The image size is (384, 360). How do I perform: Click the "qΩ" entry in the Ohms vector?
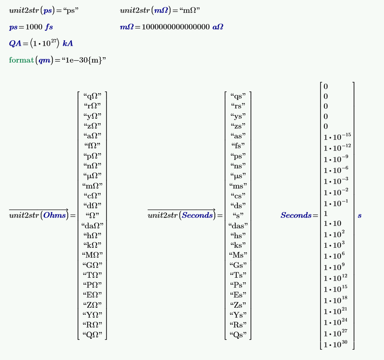click(x=92, y=96)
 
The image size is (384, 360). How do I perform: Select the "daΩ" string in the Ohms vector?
click(x=92, y=226)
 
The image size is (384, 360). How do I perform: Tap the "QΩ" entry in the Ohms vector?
click(x=92, y=335)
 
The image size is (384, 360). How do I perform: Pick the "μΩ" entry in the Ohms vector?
click(x=92, y=176)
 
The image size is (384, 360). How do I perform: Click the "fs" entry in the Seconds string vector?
click(x=238, y=146)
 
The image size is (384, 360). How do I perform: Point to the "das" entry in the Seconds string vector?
click(x=238, y=226)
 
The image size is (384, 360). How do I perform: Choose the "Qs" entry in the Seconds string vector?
click(x=238, y=335)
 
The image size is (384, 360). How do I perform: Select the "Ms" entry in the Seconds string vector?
click(x=238, y=255)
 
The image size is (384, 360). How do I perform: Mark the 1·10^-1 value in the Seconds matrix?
click(x=336, y=204)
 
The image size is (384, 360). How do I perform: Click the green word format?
click(x=21, y=60)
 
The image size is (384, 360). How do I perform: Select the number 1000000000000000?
click(x=176, y=27)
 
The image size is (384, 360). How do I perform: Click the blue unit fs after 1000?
click(x=49, y=27)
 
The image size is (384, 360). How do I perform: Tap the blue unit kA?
click(x=68, y=44)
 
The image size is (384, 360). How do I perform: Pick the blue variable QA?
click(x=15, y=44)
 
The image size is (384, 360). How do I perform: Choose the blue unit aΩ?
click(x=218, y=27)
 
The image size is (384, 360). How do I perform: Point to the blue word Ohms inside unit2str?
click(x=54, y=216)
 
